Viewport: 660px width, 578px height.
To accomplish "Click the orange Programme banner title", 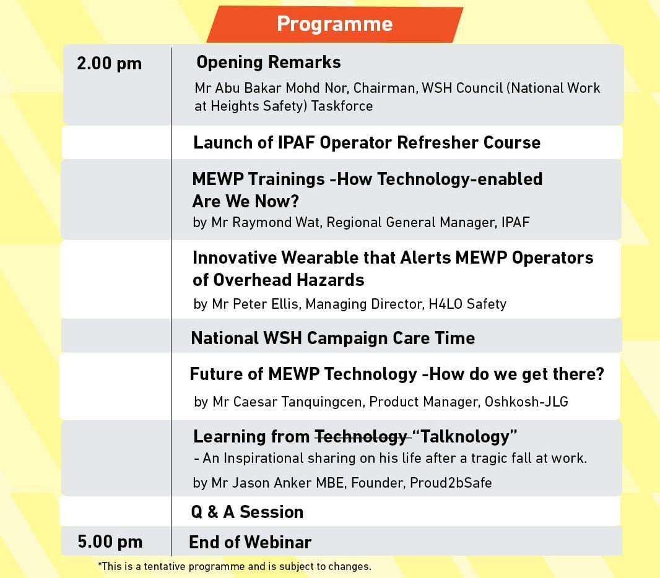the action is pyautogui.click(x=334, y=24).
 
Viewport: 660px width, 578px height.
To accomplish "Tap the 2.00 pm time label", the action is pyautogui.click(x=110, y=64).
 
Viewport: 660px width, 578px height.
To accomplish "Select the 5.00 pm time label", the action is pyautogui.click(x=110, y=542).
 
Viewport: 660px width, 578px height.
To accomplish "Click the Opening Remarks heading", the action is pyautogui.click(x=269, y=63).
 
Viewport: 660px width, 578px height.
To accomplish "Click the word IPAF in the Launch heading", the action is pyautogui.click(x=297, y=142).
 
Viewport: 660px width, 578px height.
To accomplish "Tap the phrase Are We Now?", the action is pyautogui.click(x=245, y=202).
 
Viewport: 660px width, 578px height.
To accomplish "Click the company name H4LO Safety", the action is pyautogui.click(x=467, y=304).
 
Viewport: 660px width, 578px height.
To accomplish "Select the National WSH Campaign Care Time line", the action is pyautogui.click(x=333, y=339).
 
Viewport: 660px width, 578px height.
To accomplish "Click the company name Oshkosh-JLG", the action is pyautogui.click(x=526, y=402).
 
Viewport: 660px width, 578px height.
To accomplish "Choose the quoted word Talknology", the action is pyautogui.click(x=465, y=437).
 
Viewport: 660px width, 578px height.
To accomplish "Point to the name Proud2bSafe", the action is pyautogui.click(x=451, y=483).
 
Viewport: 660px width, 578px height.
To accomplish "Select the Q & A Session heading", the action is pyautogui.click(x=247, y=512).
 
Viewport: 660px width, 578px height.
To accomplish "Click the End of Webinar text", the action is pyautogui.click(x=250, y=542).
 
